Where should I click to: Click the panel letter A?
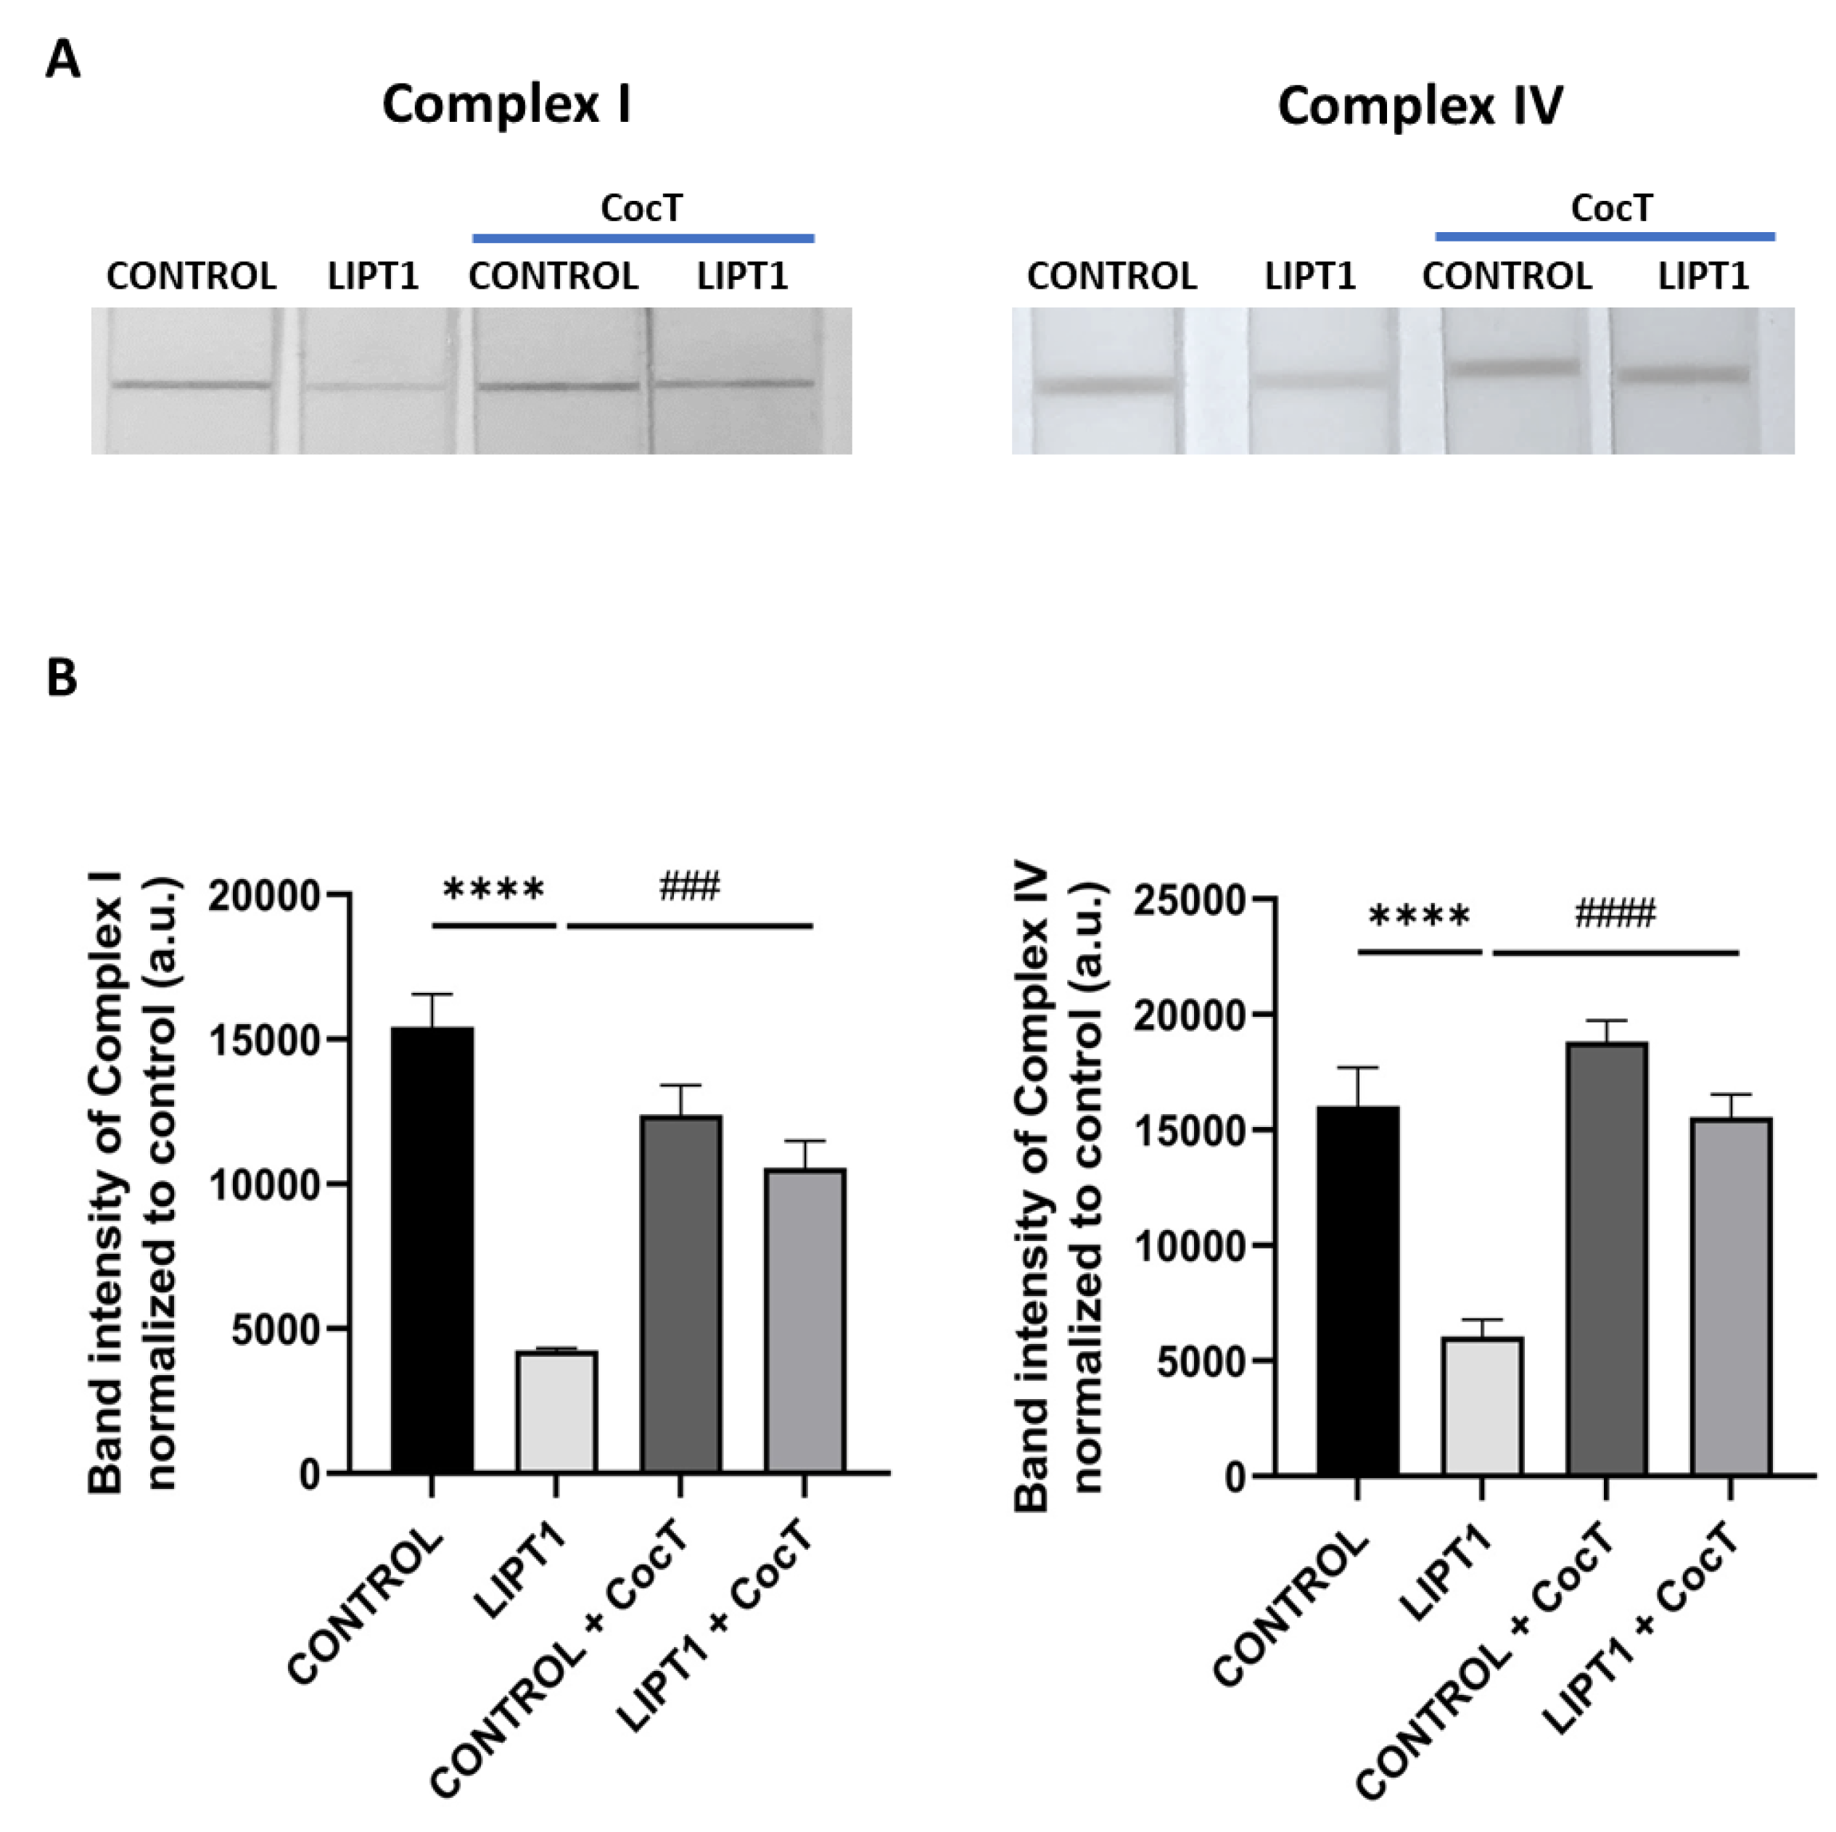(x=62, y=61)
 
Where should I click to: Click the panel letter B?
(x=62, y=678)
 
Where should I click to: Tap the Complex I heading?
(x=506, y=104)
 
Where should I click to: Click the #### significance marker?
(x=1615, y=914)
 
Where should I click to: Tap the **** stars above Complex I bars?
(x=494, y=891)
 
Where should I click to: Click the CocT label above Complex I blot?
(x=641, y=208)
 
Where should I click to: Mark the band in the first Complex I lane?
(x=190, y=385)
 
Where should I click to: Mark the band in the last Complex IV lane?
(x=1684, y=374)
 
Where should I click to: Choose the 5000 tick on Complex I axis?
(x=276, y=1329)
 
